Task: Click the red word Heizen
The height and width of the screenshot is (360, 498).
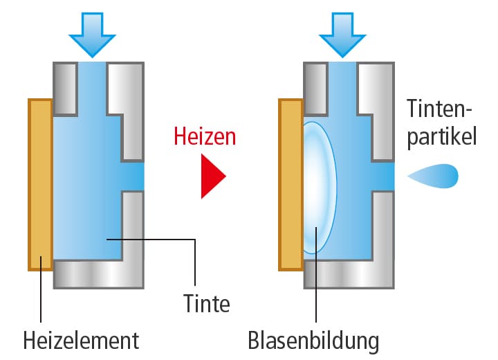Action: click(205, 136)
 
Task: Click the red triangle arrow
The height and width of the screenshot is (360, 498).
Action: click(212, 177)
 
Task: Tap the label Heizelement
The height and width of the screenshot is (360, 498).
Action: click(81, 340)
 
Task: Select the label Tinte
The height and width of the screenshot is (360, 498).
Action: click(206, 303)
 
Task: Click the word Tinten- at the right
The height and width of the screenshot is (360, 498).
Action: click(439, 109)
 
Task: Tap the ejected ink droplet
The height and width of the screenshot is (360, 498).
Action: click(435, 177)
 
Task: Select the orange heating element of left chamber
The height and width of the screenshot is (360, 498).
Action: click(40, 183)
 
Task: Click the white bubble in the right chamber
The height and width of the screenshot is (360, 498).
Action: click(320, 187)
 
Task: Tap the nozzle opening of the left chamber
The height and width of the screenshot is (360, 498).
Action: click(133, 176)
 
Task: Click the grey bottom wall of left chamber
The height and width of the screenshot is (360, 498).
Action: click(98, 274)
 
